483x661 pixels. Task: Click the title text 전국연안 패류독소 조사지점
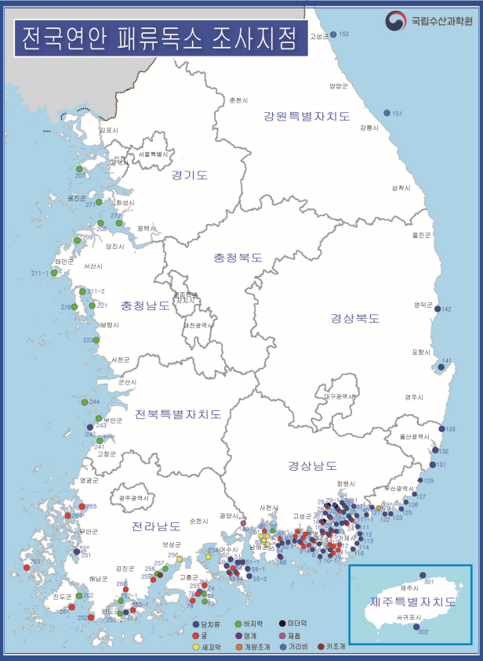click(x=160, y=37)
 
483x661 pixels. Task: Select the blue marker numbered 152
click(x=333, y=34)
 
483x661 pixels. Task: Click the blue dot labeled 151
click(x=387, y=114)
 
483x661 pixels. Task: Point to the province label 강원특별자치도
click(x=306, y=117)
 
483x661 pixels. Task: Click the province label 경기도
click(x=189, y=175)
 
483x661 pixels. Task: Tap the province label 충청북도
click(x=238, y=257)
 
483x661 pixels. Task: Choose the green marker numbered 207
click(x=79, y=168)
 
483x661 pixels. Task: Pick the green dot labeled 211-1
click(x=54, y=273)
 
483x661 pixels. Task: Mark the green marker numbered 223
click(x=97, y=340)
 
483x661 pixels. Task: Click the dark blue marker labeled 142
click(x=438, y=309)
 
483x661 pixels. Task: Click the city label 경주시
click(x=414, y=397)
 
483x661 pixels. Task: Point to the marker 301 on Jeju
click(x=422, y=575)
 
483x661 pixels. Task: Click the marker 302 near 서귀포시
click(x=416, y=626)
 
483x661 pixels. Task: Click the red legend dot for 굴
click(x=196, y=636)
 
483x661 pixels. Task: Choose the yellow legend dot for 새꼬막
click(x=196, y=647)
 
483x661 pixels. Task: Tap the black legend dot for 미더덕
click(x=282, y=623)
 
